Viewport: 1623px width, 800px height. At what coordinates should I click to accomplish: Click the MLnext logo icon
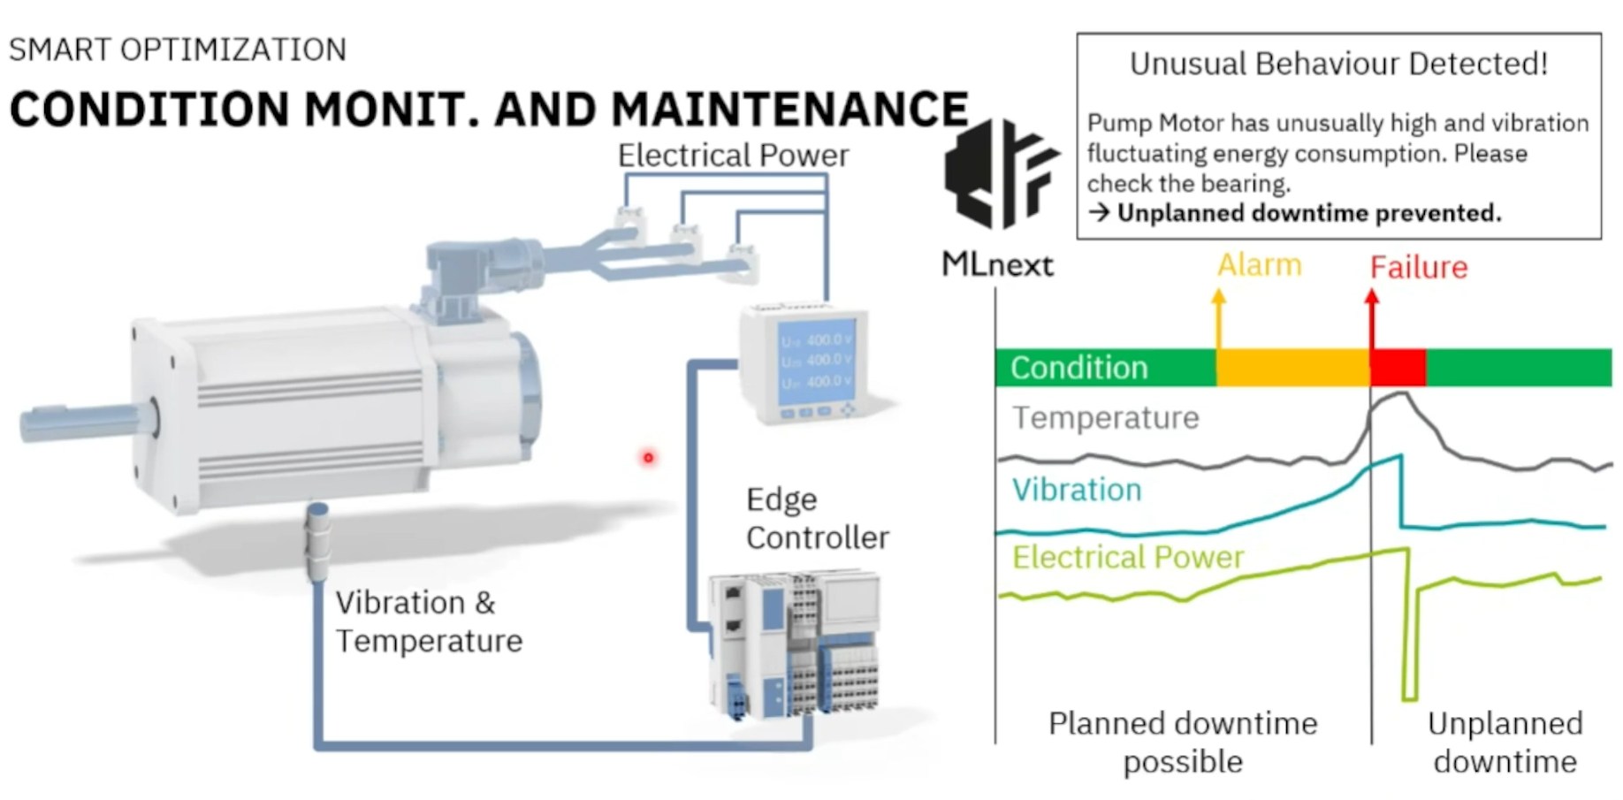point(1000,174)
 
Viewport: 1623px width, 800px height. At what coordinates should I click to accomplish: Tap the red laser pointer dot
point(648,457)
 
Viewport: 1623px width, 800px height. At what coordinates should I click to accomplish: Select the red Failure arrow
point(1372,320)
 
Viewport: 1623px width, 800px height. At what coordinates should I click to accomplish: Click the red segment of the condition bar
point(1398,367)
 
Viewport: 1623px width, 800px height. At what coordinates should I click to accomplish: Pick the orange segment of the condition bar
point(1292,367)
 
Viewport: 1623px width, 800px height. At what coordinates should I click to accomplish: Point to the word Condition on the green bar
point(1078,368)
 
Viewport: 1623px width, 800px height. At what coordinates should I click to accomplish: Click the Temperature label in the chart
point(1105,417)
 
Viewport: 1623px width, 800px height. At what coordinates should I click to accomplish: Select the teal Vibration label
point(1077,490)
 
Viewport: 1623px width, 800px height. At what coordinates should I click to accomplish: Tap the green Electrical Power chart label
point(1127,557)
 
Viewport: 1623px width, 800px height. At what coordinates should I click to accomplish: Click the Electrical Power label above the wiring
point(733,156)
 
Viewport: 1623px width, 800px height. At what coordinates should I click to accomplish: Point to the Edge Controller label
point(817,518)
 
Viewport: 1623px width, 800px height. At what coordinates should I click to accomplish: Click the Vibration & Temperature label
point(429,621)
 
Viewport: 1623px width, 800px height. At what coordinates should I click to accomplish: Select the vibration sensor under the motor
point(317,540)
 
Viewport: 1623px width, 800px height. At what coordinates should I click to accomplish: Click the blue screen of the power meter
point(816,362)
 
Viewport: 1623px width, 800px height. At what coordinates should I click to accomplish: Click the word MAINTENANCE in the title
point(789,110)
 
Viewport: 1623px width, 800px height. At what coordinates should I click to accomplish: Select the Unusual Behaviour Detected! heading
point(1338,64)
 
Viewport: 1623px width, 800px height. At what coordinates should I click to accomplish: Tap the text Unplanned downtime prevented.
point(1308,213)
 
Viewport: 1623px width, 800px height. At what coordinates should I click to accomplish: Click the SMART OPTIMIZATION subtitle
point(178,50)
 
